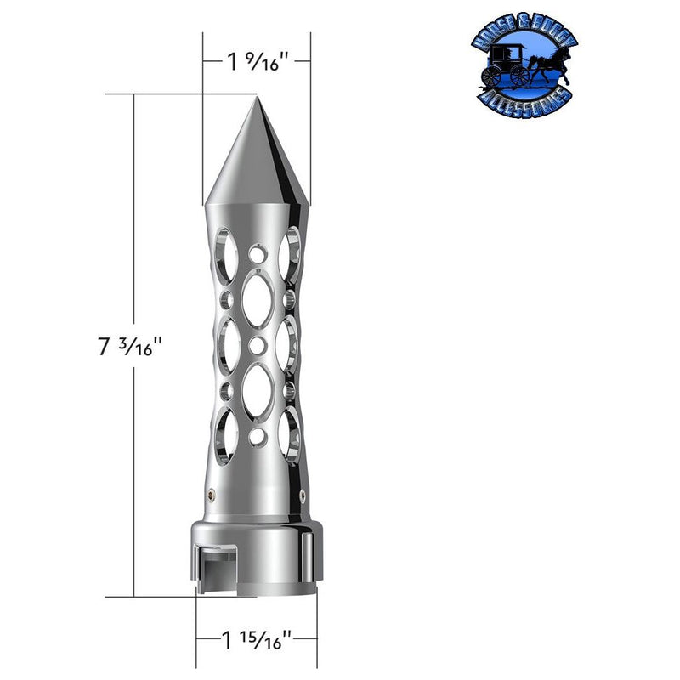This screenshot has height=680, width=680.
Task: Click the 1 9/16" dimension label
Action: (x=256, y=60)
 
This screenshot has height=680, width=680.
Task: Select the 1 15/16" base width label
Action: (x=256, y=637)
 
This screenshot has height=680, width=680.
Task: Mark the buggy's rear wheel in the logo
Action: (x=491, y=76)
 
